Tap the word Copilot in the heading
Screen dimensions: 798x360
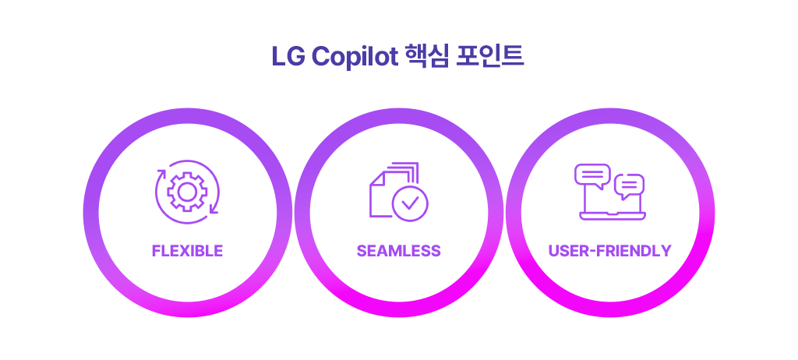tap(355, 57)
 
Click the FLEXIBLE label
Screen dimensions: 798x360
tap(187, 251)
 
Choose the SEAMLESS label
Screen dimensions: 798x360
tap(398, 251)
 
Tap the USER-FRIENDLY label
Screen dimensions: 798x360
tap(609, 251)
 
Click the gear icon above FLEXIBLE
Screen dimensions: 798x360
tap(187, 192)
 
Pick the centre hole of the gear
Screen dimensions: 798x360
tap(187, 192)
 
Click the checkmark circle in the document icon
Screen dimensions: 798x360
tap(410, 203)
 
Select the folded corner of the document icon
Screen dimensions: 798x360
tap(376, 178)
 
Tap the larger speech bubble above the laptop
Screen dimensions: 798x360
tap(592, 176)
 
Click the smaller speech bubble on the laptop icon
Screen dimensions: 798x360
tap(630, 186)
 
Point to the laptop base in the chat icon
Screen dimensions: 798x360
tap(613, 216)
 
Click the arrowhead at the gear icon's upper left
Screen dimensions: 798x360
tap(161, 174)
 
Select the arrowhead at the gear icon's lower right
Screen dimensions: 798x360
tap(214, 210)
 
